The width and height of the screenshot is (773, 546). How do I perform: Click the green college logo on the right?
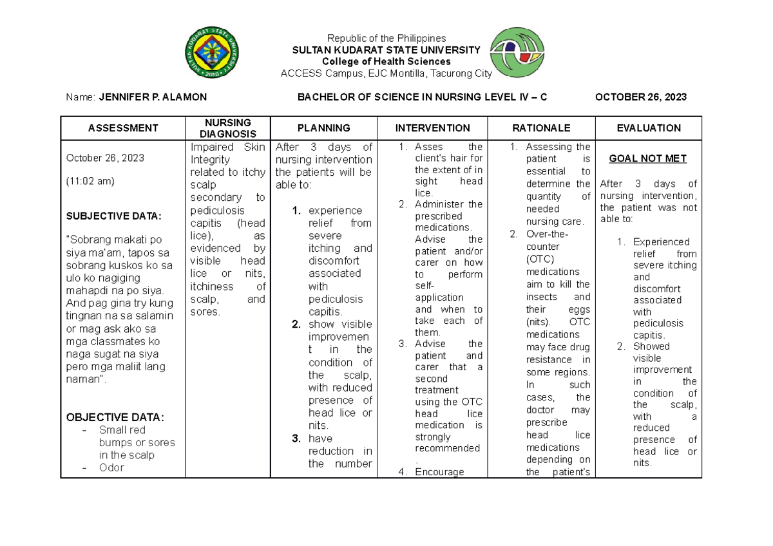click(521, 55)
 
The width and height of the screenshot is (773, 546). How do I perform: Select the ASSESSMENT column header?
click(123, 128)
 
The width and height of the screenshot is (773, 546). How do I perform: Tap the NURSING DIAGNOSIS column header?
click(228, 128)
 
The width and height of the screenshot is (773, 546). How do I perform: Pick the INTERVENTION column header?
click(432, 128)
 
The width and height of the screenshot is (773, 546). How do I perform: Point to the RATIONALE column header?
click(541, 128)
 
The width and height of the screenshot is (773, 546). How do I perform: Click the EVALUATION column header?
click(649, 128)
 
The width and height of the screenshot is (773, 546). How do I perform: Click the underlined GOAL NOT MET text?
click(648, 158)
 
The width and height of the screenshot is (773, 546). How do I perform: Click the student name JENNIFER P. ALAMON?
click(152, 97)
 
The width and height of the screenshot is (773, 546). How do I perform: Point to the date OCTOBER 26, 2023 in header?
click(640, 97)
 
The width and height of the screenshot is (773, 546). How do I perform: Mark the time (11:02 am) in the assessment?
click(91, 181)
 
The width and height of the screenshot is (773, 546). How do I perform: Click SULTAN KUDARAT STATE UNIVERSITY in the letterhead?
click(386, 50)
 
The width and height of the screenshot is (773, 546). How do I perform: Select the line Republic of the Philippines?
click(386, 39)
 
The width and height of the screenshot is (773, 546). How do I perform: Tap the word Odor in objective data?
click(111, 467)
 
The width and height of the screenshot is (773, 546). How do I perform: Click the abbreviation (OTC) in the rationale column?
click(540, 259)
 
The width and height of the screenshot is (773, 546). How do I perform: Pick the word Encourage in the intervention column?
click(439, 472)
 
